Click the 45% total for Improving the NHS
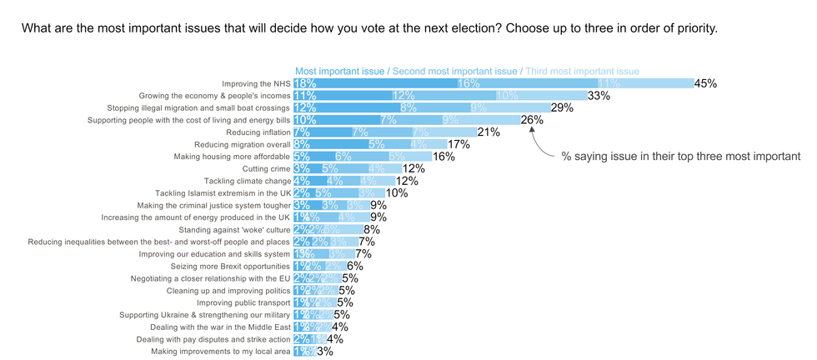click(706, 83)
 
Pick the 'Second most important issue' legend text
click(454, 71)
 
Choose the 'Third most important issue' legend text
click(582, 71)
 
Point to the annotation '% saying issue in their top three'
click(679, 156)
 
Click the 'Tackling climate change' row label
click(247, 181)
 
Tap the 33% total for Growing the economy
click(599, 96)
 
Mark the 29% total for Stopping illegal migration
click(562, 107)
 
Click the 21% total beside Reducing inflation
click(489, 132)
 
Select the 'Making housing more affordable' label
click(232, 157)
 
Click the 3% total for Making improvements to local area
click(325, 352)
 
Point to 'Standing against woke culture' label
click(234, 229)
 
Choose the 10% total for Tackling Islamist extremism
click(397, 192)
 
